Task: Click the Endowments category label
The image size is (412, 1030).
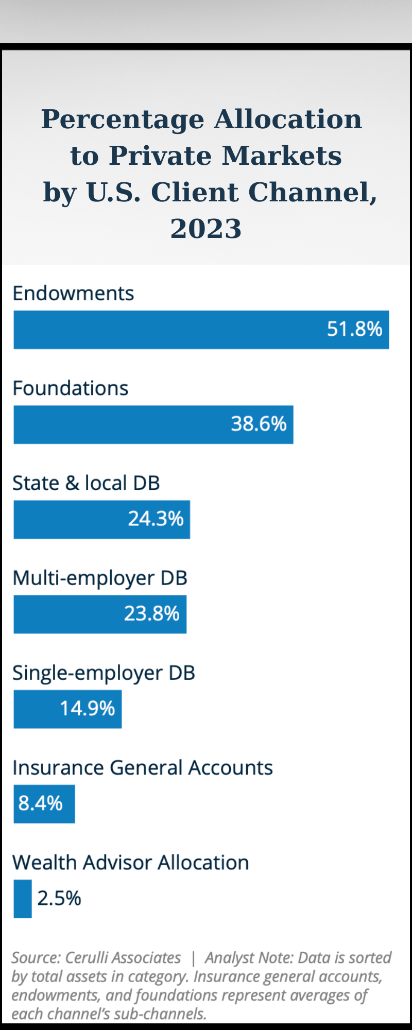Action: [73, 294]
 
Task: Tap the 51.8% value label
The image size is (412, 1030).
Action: [354, 329]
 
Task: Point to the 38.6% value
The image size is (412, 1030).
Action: [259, 424]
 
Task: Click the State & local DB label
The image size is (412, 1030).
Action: [86, 483]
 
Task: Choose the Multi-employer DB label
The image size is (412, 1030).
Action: [100, 578]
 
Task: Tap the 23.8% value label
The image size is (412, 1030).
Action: [151, 614]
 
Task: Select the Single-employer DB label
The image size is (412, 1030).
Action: [104, 673]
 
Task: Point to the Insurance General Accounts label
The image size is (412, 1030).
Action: [142, 768]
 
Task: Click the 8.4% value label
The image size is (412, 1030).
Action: [40, 803]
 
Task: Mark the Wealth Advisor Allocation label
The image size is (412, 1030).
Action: [130, 863]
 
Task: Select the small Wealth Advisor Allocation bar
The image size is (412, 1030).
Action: [23, 899]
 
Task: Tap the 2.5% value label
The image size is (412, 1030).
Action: [59, 899]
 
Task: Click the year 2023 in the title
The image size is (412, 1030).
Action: [206, 228]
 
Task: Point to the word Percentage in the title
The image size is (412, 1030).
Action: [123, 119]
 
